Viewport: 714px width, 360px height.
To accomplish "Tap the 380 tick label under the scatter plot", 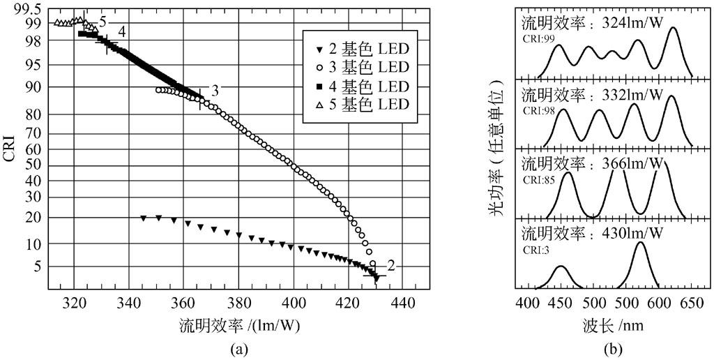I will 238,304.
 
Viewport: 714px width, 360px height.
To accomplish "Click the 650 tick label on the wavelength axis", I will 691,304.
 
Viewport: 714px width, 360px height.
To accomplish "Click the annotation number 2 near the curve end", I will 391,265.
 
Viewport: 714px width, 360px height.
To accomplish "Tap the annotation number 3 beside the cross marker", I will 215,91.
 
